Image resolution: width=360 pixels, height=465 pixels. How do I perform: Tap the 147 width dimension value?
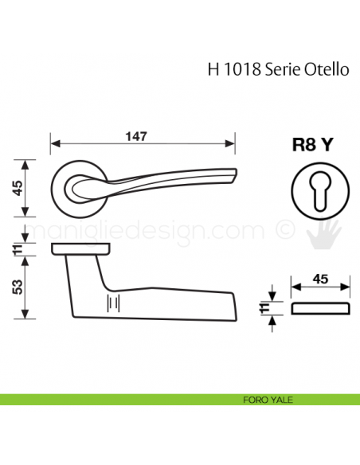click(143, 136)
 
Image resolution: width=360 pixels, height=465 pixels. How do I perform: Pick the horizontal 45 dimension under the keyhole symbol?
click(321, 279)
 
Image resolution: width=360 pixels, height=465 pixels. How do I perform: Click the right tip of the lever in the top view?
click(235, 175)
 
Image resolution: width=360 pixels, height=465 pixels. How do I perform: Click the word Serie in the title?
click(284, 69)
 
